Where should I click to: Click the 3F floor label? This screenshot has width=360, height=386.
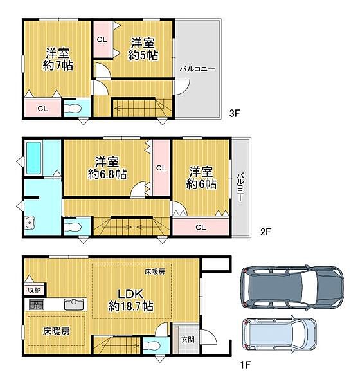coord(234,113)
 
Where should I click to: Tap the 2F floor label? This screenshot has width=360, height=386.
coord(265,232)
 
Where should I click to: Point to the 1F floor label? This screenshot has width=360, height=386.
coord(246,364)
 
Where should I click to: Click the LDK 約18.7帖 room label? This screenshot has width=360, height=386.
coord(130,300)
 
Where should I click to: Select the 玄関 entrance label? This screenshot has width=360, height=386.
coord(188,340)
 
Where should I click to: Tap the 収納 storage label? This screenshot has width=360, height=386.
coord(34,290)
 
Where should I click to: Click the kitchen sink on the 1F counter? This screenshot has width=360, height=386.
coord(73,304)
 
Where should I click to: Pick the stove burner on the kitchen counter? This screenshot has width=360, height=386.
coord(37,304)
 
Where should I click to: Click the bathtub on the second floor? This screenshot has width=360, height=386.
coord(33,158)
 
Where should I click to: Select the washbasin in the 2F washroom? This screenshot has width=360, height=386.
coord(30,223)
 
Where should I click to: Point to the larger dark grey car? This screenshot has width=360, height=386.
coord(292,288)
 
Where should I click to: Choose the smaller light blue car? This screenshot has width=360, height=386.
coord(279,334)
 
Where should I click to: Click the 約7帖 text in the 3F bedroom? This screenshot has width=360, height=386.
coord(58,66)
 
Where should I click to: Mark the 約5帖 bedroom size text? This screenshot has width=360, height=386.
coord(143,55)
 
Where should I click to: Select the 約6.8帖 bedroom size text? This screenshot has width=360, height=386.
coord(107,174)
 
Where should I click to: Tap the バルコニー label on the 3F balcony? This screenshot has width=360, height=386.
coord(197,69)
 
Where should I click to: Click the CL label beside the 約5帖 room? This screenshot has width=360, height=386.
coord(102,39)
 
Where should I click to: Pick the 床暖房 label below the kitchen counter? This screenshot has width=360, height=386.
coord(56,331)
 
